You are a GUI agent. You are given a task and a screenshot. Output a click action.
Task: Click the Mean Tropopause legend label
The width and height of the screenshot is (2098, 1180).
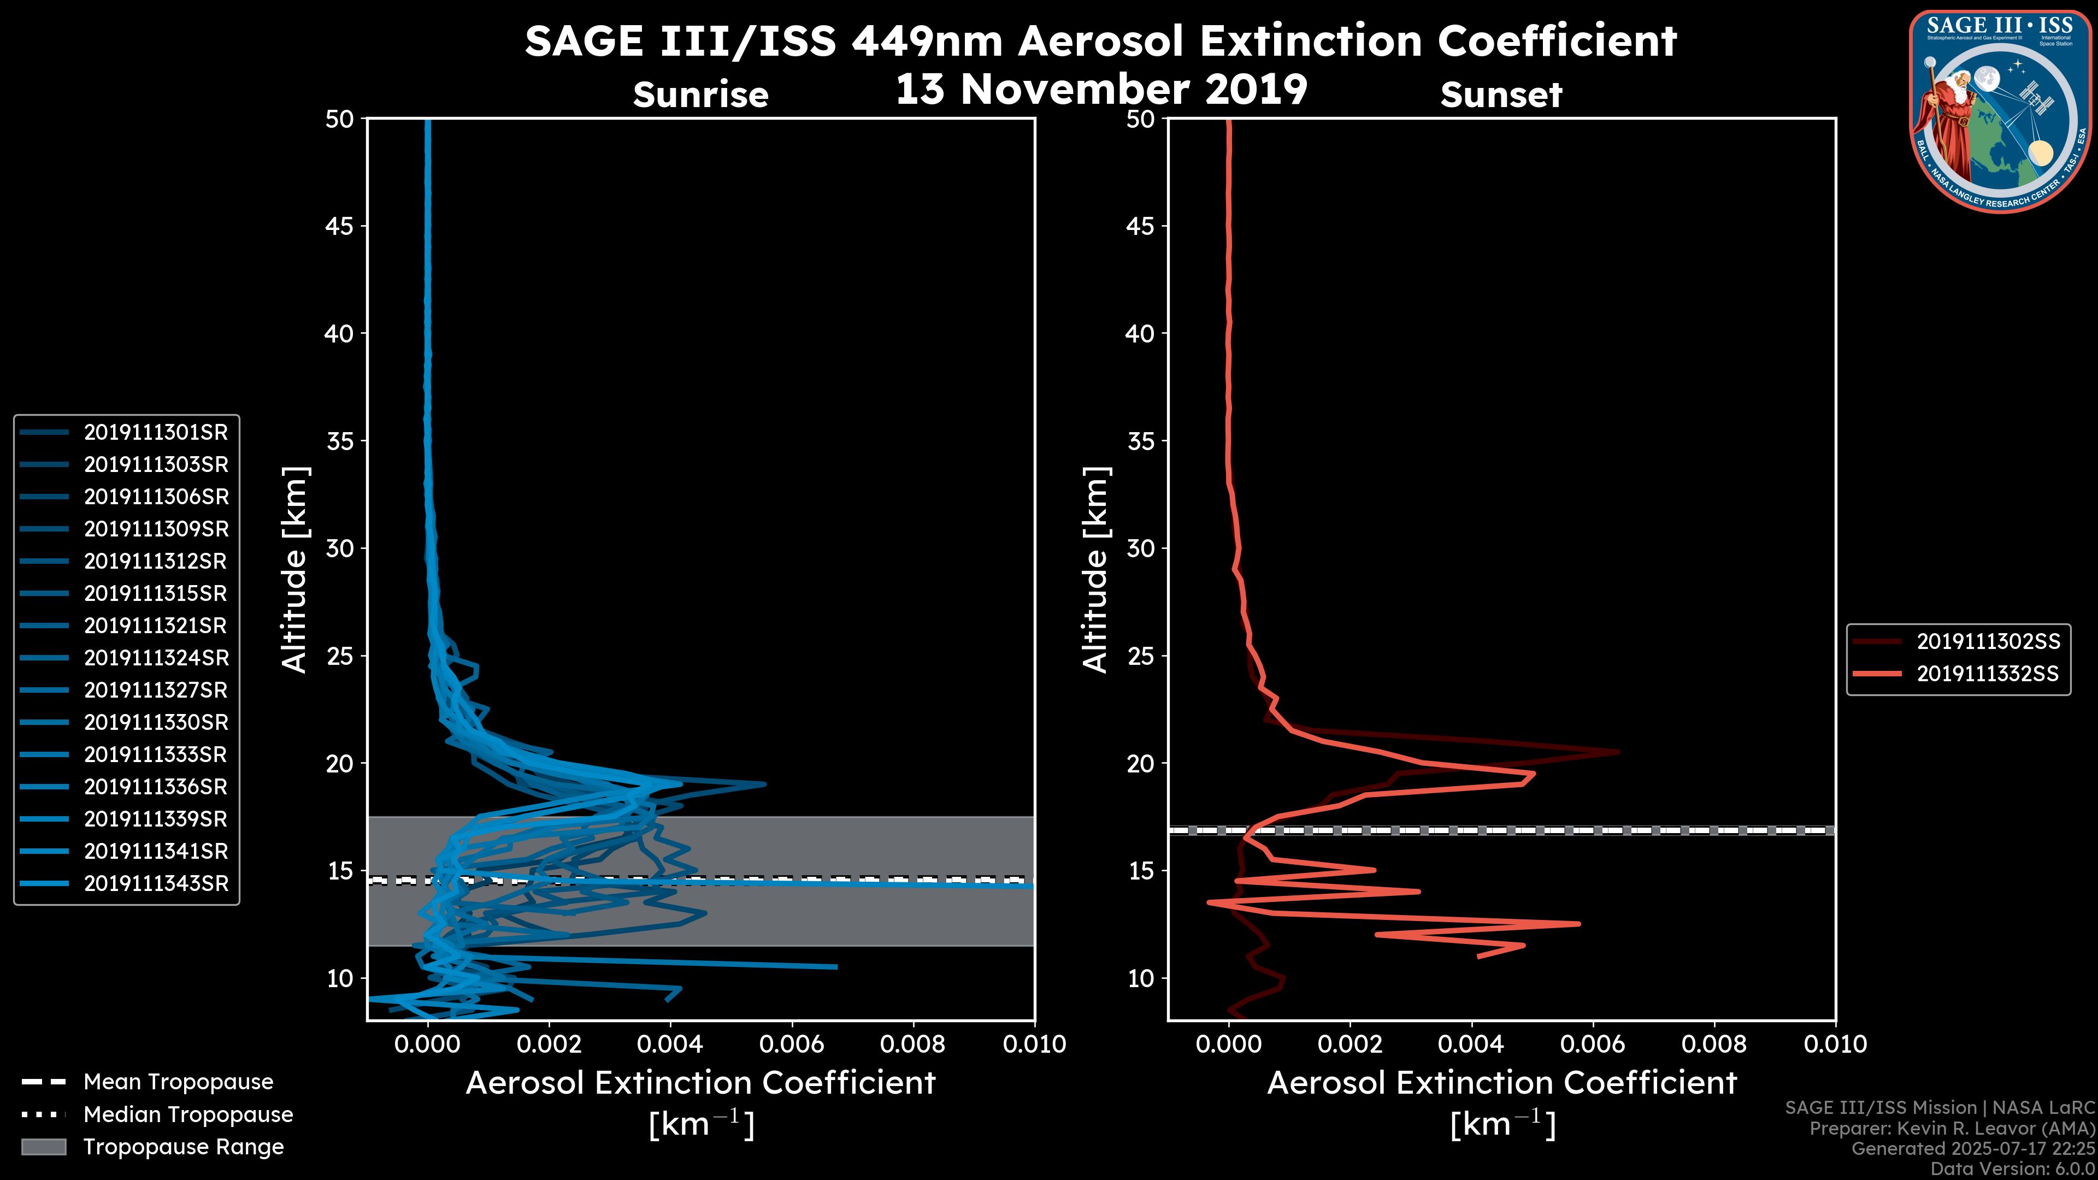pos(178,1082)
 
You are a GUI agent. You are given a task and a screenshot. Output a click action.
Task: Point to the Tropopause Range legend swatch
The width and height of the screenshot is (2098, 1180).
pos(43,1147)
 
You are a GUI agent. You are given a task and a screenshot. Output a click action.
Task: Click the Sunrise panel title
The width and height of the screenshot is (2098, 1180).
pos(700,95)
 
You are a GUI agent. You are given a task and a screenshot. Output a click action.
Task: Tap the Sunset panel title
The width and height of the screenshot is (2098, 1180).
pos(1501,95)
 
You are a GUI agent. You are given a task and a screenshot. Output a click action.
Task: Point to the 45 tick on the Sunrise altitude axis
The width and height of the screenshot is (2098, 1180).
pos(340,226)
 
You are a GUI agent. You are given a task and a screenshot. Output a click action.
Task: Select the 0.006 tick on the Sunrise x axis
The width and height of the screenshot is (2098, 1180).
pos(791,1044)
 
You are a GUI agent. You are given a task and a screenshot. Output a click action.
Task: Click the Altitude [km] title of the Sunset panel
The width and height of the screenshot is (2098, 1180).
pos(1096,570)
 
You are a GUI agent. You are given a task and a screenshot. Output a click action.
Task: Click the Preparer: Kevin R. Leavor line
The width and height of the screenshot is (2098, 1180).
pos(1952,1129)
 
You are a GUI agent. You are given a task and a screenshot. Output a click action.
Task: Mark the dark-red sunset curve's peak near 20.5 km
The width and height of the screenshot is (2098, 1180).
pos(1617,752)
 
